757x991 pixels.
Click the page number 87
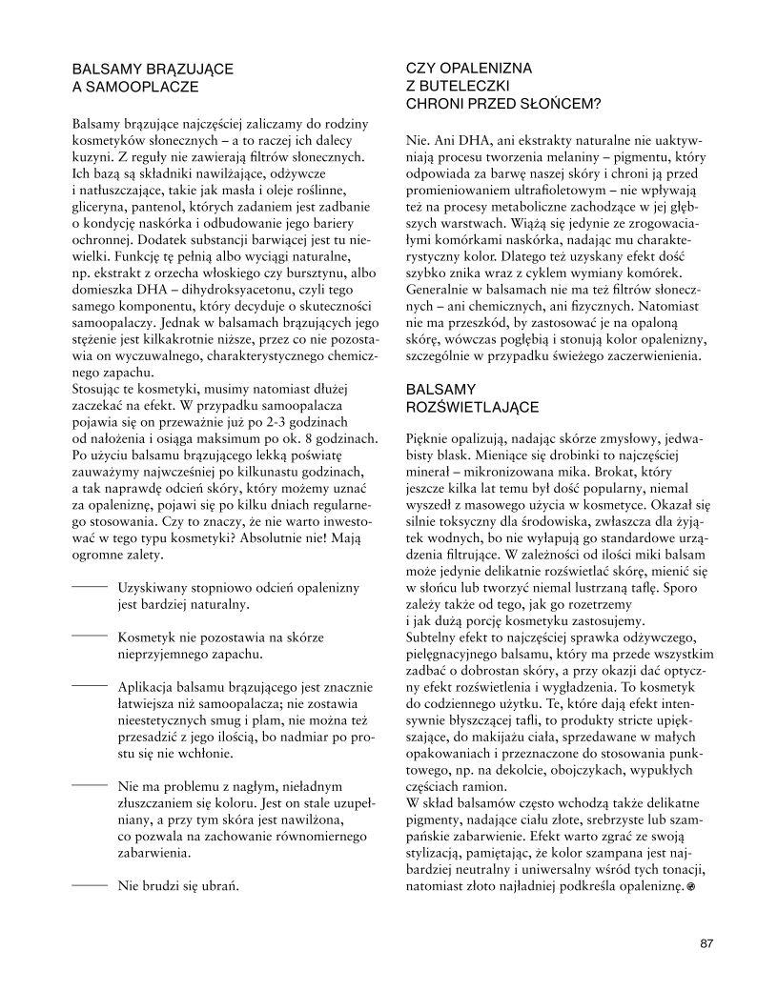tap(706, 943)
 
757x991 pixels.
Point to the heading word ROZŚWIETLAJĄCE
tap(472, 407)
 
